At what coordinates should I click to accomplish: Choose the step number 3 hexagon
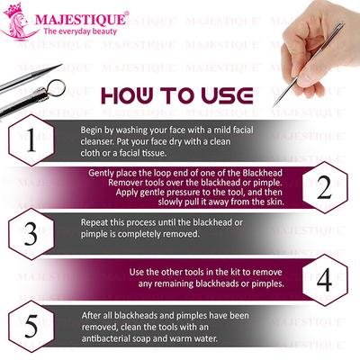[31, 235]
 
